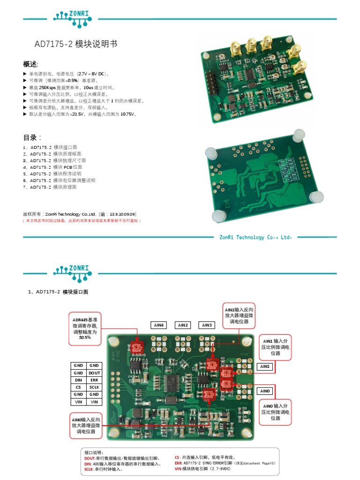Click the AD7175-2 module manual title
click(75, 44)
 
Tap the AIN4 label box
click(159, 325)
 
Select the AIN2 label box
click(183, 325)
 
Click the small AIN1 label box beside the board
click(265, 367)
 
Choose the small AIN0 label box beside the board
click(265, 391)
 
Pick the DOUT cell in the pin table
click(94, 373)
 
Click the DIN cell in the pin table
click(78, 380)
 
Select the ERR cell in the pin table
click(94, 380)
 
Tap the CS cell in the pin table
click(78, 387)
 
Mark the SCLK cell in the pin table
click(94, 387)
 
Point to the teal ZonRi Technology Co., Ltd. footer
click(255, 237)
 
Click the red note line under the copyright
click(82, 220)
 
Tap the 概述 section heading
click(31, 64)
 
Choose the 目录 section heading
click(32, 137)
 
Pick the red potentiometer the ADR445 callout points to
click(136, 347)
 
